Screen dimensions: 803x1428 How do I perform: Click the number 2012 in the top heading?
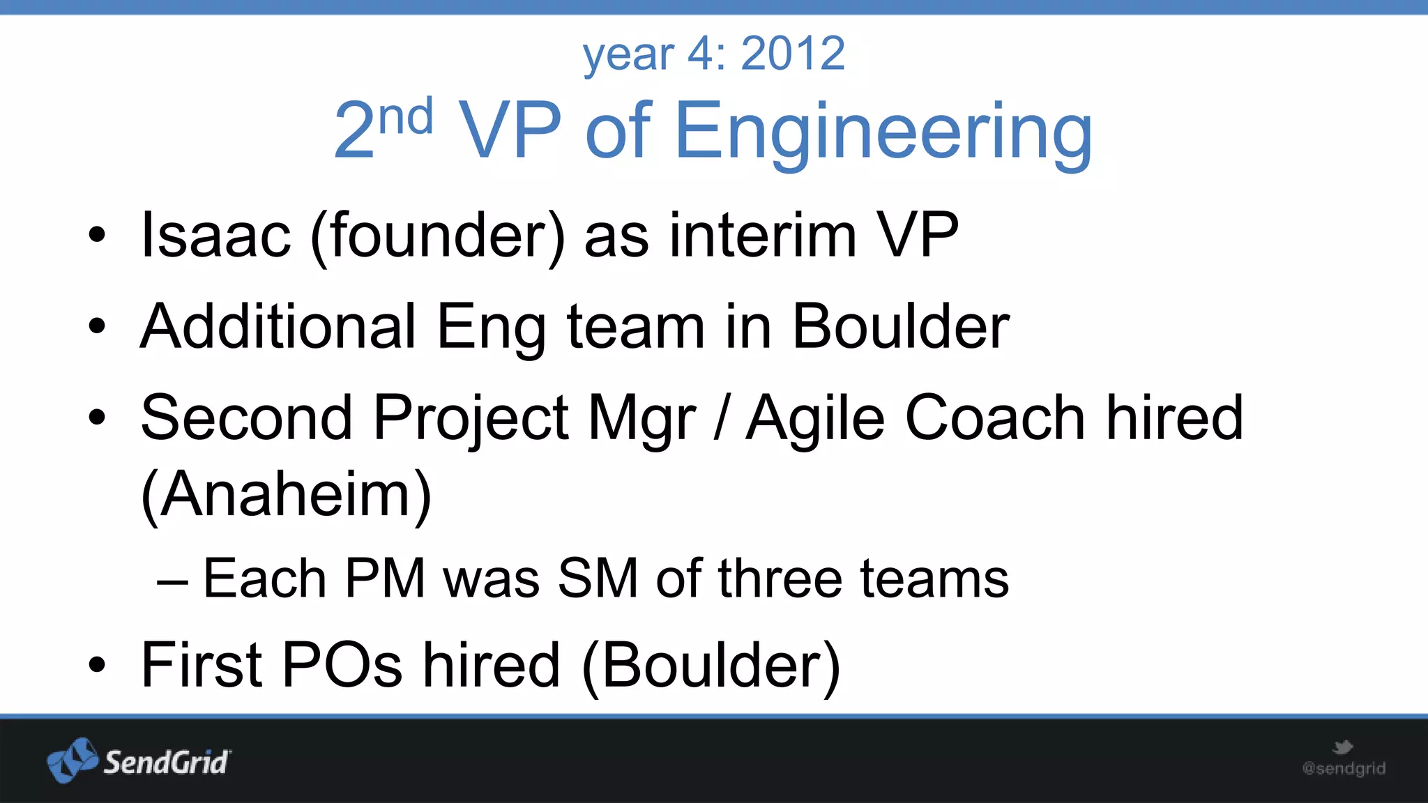click(x=793, y=54)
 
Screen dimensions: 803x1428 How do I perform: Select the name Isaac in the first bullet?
click(x=215, y=236)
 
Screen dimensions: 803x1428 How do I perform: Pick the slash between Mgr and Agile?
click(x=722, y=418)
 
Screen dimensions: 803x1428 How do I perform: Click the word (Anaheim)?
click(x=286, y=495)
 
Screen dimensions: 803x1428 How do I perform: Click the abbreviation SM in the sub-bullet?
click(x=598, y=579)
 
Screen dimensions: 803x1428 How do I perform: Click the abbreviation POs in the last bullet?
click(x=342, y=665)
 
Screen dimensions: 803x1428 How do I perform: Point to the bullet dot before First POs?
click(x=97, y=665)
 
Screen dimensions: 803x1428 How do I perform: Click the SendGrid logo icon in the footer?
click(x=73, y=760)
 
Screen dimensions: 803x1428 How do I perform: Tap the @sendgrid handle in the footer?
click(x=1344, y=769)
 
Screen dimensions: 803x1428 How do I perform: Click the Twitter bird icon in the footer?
click(x=1342, y=748)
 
